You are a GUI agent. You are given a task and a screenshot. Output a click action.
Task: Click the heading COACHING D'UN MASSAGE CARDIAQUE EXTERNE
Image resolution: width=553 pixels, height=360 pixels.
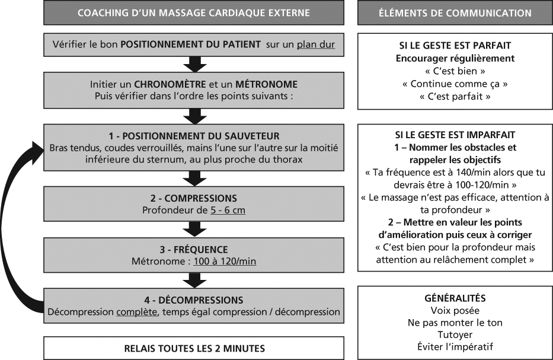coord(194,13)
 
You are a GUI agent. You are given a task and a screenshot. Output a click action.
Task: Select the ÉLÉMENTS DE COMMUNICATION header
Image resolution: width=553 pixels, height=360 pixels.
coord(455,13)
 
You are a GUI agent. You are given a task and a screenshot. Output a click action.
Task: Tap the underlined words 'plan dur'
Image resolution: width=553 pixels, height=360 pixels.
coord(316,44)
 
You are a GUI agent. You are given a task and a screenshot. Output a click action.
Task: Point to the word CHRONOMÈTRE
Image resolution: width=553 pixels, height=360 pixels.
coord(170,84)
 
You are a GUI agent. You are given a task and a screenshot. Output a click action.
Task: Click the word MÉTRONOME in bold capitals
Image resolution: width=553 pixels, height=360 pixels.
coord(266,84)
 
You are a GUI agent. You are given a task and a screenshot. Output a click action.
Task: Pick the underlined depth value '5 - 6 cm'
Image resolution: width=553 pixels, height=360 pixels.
coord(228,210)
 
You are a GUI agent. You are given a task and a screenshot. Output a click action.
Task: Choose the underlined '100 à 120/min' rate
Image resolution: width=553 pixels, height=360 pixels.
coord(225,261)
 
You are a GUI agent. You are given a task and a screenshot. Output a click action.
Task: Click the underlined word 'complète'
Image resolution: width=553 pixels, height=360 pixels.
coord(137,312)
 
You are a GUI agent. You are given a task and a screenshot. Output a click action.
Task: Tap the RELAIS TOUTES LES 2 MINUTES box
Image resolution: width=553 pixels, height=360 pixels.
coord(194,348)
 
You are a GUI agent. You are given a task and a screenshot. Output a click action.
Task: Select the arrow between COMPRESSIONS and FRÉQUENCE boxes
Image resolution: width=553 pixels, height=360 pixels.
coord(194,229)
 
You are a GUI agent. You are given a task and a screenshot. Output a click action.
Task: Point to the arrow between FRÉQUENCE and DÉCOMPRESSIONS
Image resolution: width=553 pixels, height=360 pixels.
coord(194,281)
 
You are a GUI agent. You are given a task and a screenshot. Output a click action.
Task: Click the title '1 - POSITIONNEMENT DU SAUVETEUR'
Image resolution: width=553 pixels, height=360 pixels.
coord(194,136)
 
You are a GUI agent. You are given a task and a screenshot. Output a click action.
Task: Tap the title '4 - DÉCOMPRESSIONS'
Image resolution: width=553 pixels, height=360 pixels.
coord(194,300)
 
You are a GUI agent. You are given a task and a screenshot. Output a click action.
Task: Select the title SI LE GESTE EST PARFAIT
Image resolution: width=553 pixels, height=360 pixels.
coord(455,46)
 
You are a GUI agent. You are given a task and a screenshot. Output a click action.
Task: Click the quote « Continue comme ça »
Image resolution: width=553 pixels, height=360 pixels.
coord(455,84)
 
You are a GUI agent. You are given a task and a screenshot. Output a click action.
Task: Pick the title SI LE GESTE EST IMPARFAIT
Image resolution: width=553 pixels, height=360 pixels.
coord(455,135)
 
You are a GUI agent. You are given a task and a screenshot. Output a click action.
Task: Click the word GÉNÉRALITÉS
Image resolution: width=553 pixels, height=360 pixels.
coord(455,298)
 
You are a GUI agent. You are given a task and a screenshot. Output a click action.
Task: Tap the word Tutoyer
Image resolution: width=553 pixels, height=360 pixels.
coord(455,334)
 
